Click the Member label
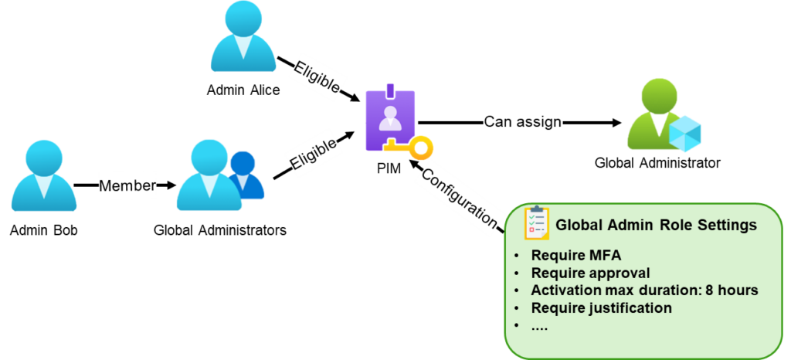point(127,185)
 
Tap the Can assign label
point(524,121)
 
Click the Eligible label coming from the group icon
point(314,151)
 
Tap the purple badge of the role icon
point(390,116)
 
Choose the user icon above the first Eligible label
point(243,37)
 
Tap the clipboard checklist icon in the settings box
point(537,223)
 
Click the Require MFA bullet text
point(575,256)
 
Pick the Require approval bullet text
point(590,273)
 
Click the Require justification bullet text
point(601,307)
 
